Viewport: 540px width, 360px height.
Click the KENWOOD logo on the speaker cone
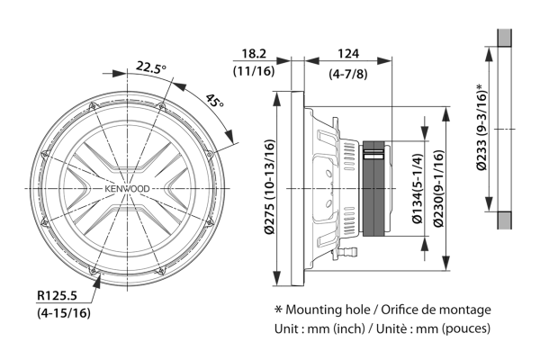(x=127, y=189)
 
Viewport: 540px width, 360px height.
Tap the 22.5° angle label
(x=150, y=67)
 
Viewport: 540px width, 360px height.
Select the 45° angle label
(x=214, y=100)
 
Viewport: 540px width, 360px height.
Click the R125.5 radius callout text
(x=58, y=295)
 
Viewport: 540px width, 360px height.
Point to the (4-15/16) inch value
(x=64, y=313)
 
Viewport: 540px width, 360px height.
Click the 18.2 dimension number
(x=254, y=54)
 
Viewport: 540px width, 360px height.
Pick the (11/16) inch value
(x=254, y=71)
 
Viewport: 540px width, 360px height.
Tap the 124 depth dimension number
(x=348, y=54)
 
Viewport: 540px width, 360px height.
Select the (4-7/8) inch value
(x=348, y=74)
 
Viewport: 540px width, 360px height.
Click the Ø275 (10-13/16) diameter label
(x=270, y=187)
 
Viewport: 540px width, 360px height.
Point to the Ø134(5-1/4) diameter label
(x=418, y=188)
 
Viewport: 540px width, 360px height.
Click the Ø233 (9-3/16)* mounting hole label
(x=481, y=127)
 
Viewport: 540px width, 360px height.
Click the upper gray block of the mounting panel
(x=504, y=38)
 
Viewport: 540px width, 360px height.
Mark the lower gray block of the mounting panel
(x=504, y=220)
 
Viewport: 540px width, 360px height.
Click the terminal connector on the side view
(x=347, y=253)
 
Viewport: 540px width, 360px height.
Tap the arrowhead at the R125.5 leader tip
(x=97, y=281)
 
